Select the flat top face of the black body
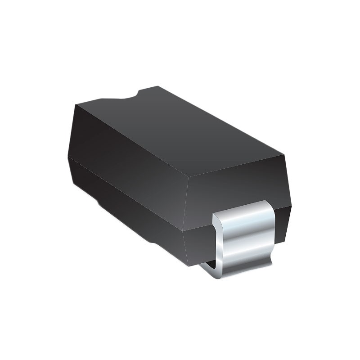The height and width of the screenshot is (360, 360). pyautogui.click(x=180, y=130)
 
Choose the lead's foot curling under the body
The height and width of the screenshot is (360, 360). pyautogui.click(x=211, y=269)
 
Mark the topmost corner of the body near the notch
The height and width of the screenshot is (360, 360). pyautogui.click(x=158, y=86)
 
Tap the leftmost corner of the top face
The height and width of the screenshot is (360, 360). pyautogui.click(x=76, y=104)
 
